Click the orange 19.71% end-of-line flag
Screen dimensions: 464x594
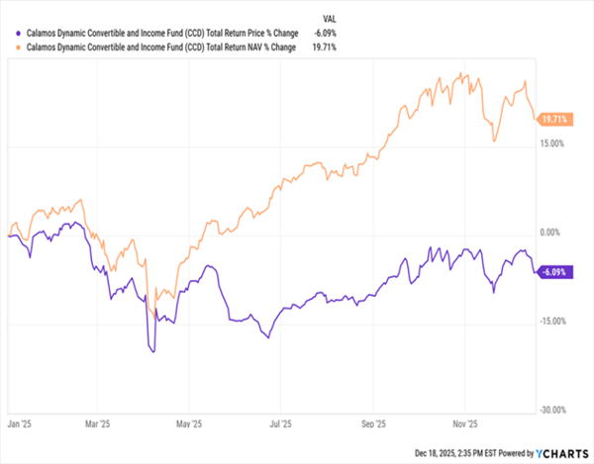[x=552, y=120]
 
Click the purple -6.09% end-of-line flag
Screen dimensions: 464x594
[x=552, y=272]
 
